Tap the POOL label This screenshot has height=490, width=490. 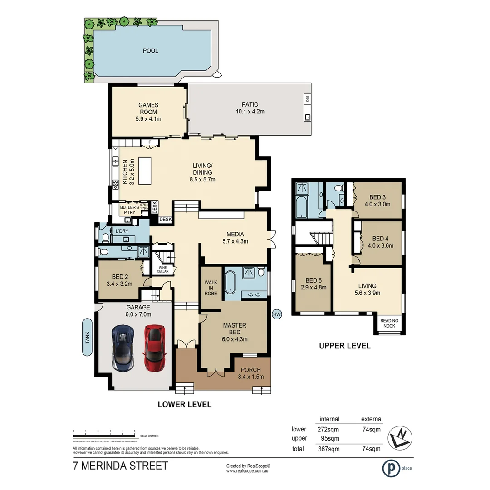pyautogui.click(x=151, y=51)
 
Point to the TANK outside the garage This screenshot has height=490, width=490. pyautogui.click(x=88, y=338)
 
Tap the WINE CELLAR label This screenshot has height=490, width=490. pyautogui.click(x=162, y=269)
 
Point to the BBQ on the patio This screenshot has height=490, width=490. pyautogui.click(x=307, y=98)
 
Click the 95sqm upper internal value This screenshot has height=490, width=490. pyautogui.click(x=329, y=438)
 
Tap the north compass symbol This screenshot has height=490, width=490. pyautogui.click(x=400, y=437)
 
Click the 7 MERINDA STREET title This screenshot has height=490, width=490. pyautogui.click(x=120, y=465)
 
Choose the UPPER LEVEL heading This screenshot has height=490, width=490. pyautogui.click(x=345, y=346)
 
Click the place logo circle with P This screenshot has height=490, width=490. pyautogui.click(x=390, y=468)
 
